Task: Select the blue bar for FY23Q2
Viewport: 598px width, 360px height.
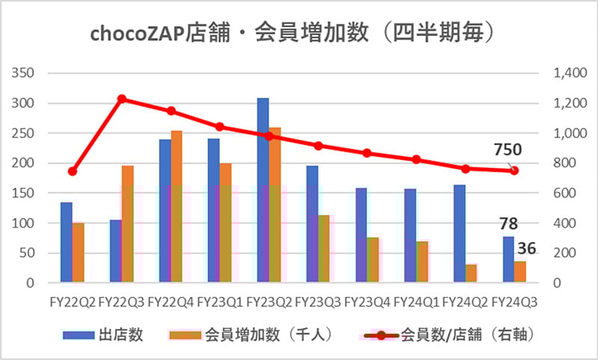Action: click(262, 190)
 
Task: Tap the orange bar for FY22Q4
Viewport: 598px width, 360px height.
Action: click(176, 207)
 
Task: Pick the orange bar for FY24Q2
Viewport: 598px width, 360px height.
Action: click(471, 273)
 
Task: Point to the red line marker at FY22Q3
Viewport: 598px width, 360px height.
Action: click(121, 99)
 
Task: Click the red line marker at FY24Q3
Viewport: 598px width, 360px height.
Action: click(514, 171)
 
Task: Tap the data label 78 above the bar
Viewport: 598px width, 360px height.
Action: click(509, 223)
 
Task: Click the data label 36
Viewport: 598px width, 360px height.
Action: click(526, 248)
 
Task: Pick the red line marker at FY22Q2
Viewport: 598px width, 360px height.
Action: click(73, 171)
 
